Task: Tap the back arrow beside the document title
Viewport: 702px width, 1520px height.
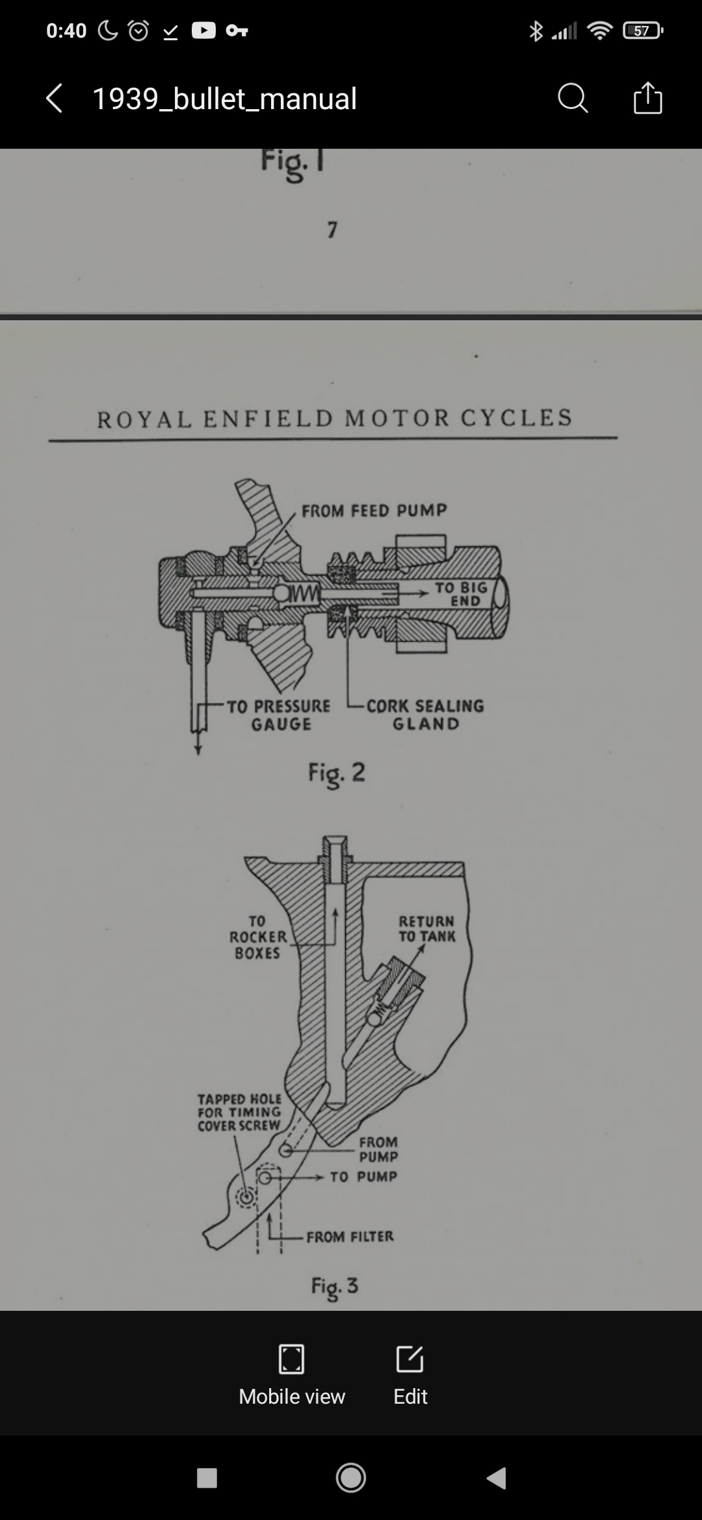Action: [x=55, y=99]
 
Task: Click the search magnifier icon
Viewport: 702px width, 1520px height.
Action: [x=573, y=99]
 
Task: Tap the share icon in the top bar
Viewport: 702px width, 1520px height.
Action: [x=647, y=98]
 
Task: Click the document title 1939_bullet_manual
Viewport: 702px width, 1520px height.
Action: [x=224, y=99]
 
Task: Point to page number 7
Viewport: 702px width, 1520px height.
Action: [x=332, y=229]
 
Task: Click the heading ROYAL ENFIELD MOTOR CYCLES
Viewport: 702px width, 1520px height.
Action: [x=335, y=418]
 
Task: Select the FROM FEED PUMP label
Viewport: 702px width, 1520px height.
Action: [x=374, y=511]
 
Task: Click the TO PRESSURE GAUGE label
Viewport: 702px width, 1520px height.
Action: [x=279, y=715]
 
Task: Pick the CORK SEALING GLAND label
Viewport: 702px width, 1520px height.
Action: [x=426, y=715]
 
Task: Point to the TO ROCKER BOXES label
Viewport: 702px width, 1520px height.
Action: [x=257, y=937]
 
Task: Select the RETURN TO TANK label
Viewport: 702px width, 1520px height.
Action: [x=427, y=928]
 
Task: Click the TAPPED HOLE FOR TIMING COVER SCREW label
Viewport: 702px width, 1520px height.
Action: [x=239, y=1112]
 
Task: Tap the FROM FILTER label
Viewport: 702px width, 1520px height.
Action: [x=350, y=1236]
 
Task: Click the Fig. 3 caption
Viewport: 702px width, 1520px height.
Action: [x=335, y=1287]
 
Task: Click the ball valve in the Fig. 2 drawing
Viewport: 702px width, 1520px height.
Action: [x=282, y=592]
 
